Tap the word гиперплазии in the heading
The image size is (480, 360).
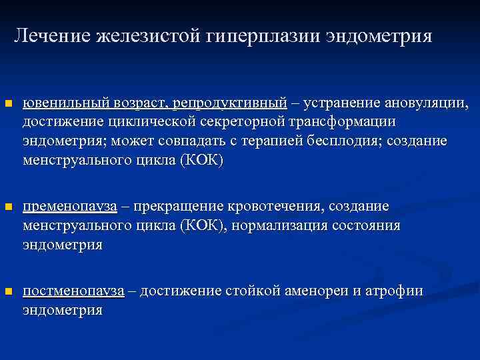pyautogui.click(x=264, y=35)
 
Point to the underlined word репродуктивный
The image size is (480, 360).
pyautogui.click(x=229, y=103)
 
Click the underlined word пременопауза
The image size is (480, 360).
pyautogui.click(x=70, y=206)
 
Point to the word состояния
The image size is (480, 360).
pyautogui.click(x=366, y=225)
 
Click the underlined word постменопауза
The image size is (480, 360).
pyautogui.click(x=74, y=291)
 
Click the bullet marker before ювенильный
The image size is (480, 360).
pyautogui.click(x=8, y=104)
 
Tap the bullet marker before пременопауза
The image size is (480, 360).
pyautogui.click(x=8, y=207)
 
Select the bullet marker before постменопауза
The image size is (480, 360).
pyautogui.click(x=8, y=291)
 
